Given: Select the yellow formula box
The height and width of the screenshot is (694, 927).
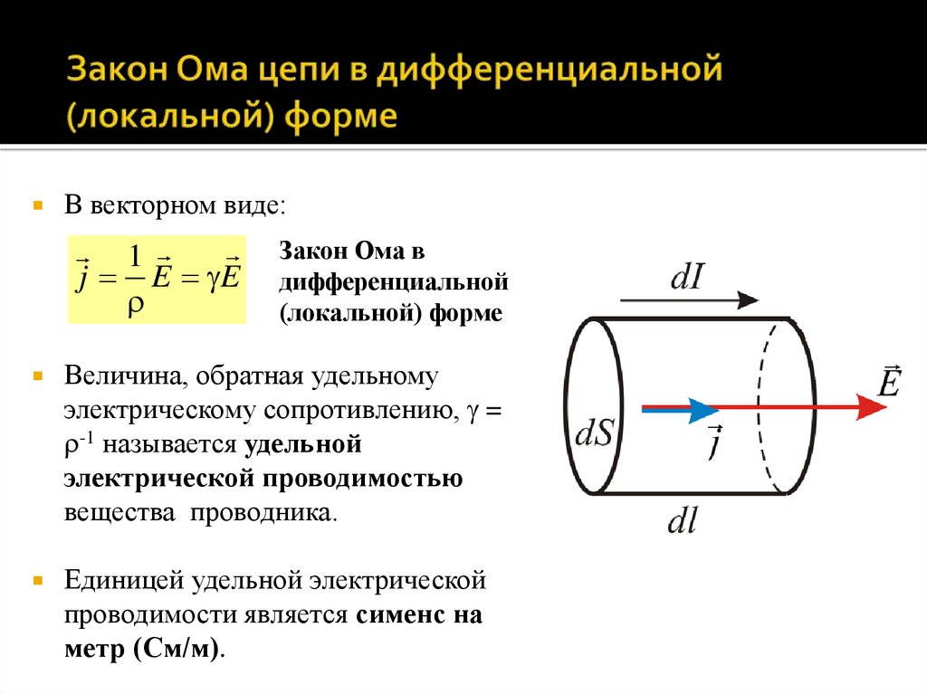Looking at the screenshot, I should pyautogui.click(x=157, y=279).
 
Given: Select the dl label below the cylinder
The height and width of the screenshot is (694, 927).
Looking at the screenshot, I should pyautogui.click(x=681, y=521).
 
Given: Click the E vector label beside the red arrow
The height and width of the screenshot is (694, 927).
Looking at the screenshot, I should pyautogui.click(x=888, y=380).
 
